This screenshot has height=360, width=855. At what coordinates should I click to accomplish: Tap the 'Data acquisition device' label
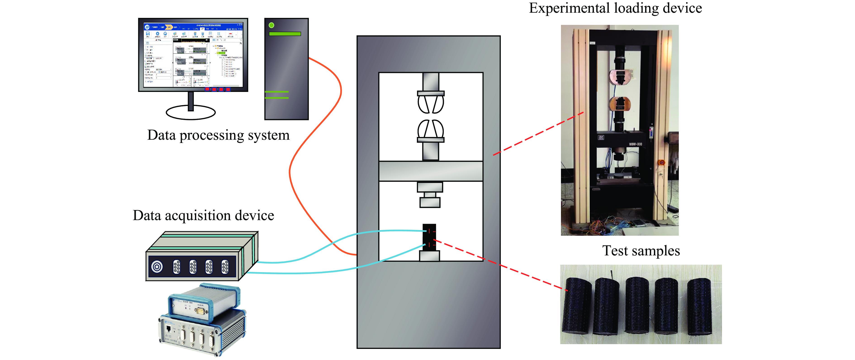204,215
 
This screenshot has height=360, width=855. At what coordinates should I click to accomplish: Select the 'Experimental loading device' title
615,8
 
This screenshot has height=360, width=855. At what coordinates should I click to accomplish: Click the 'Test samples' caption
641,251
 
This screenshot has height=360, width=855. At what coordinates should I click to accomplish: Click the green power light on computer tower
271,25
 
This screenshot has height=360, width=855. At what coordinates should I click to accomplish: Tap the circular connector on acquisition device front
157,266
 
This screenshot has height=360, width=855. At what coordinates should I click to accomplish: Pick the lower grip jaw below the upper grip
430,129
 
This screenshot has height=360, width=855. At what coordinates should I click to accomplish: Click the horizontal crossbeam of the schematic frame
430,171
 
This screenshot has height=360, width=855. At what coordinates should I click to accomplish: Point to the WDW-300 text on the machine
635,144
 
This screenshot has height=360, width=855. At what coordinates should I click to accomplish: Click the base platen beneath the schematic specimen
430,256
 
